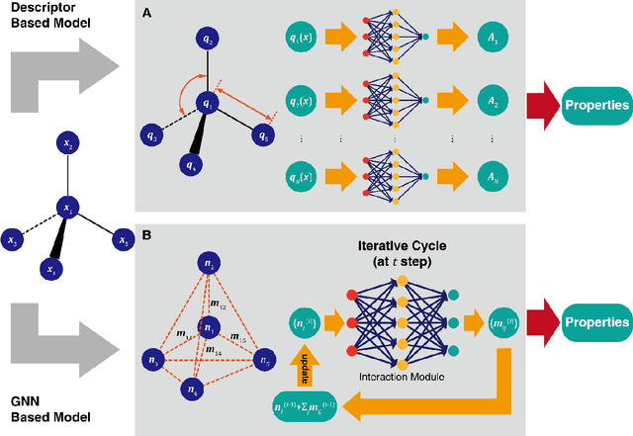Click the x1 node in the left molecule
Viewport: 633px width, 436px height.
(x=68, y=208)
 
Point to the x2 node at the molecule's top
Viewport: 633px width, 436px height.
(x=68, y=146)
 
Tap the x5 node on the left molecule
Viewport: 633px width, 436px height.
(x=123, y=239)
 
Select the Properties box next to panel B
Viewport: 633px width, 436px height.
(x=596, y=322)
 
